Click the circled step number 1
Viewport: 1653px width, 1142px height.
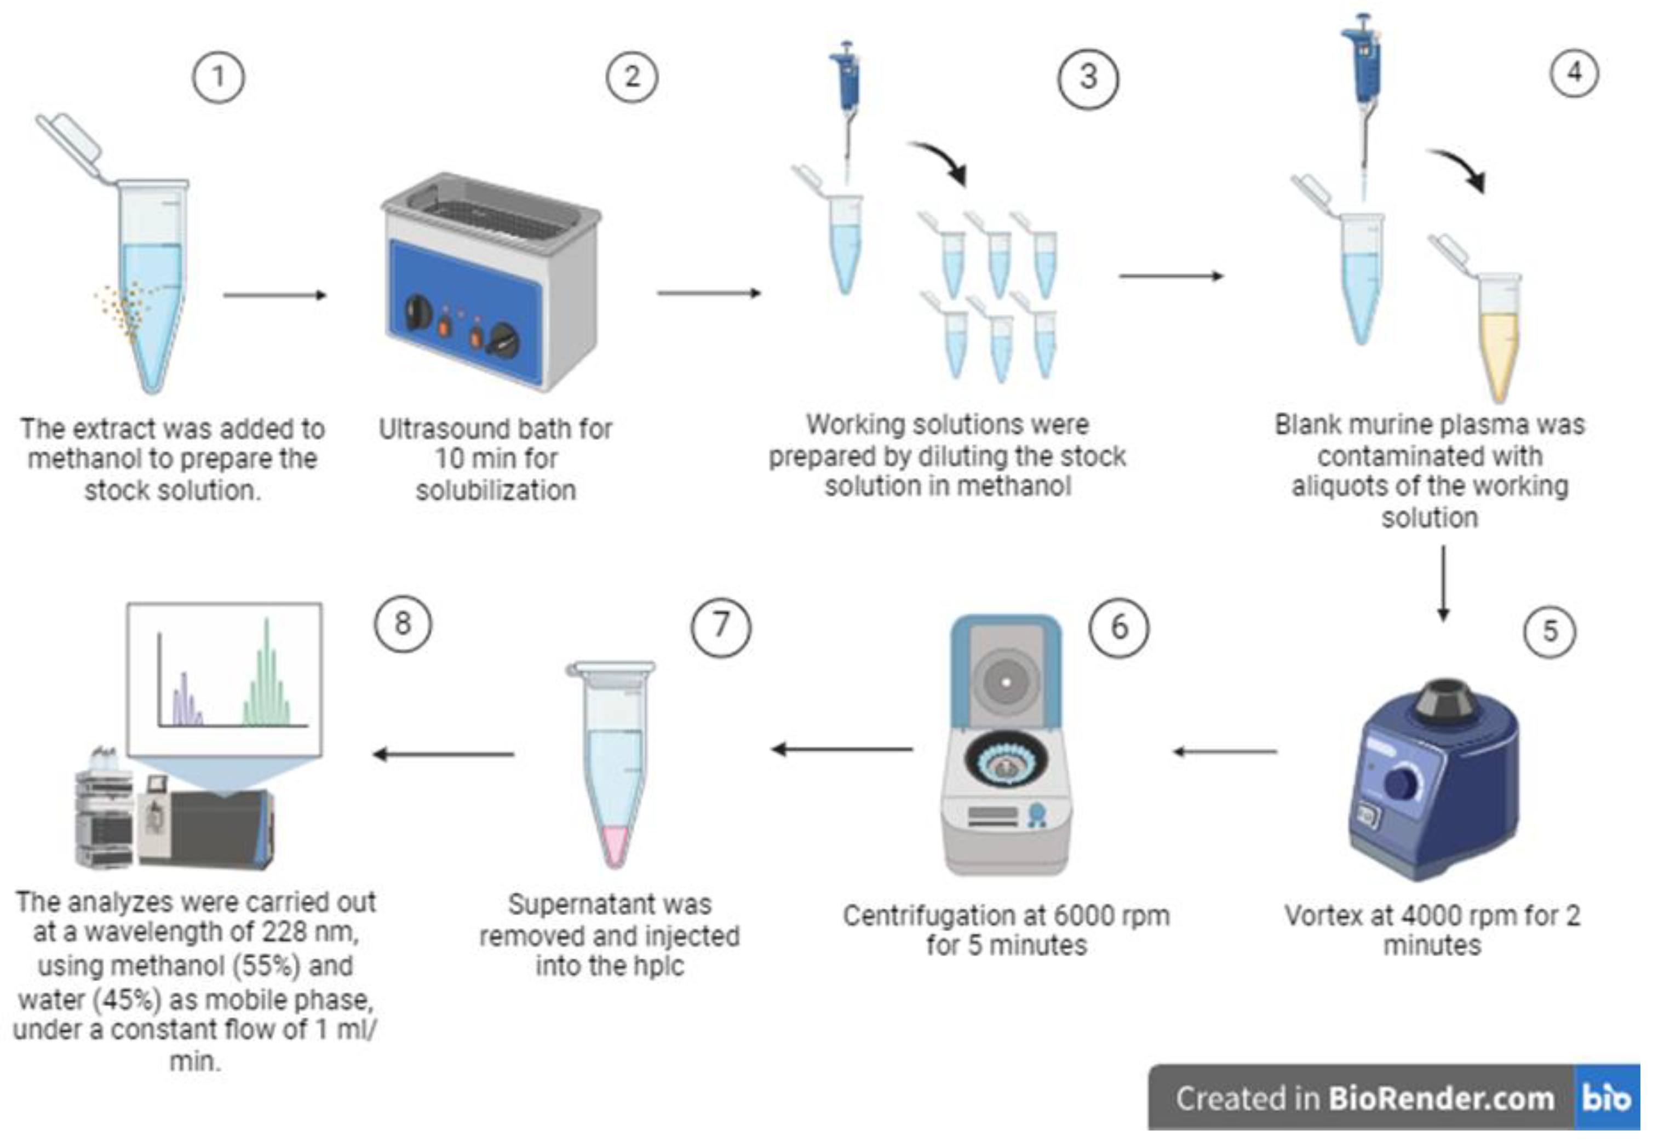coord(218,77)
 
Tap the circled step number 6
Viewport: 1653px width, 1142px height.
coord(1118,628)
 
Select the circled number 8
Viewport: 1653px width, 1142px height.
coord(403,623)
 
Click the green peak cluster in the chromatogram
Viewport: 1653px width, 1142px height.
coord(267,680)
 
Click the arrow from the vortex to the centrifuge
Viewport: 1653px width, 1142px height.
coord(1225,751)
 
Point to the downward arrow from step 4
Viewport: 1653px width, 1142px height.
coord(1443,583)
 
